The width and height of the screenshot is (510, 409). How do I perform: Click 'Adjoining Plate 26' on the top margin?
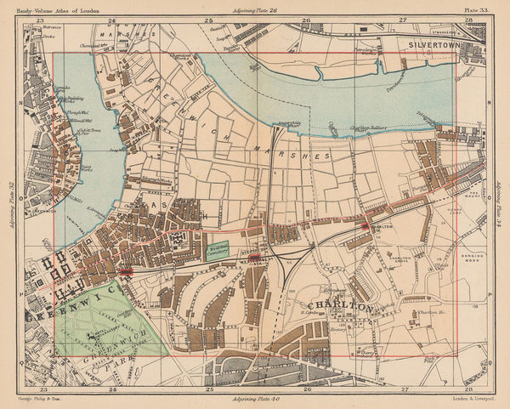tap(258, 8)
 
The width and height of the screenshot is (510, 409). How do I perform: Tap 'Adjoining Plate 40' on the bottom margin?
tap(258, 398)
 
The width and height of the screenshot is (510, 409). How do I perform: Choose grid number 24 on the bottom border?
tap(113, 389)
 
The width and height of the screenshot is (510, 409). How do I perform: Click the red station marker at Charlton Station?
tap(364, 225)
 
